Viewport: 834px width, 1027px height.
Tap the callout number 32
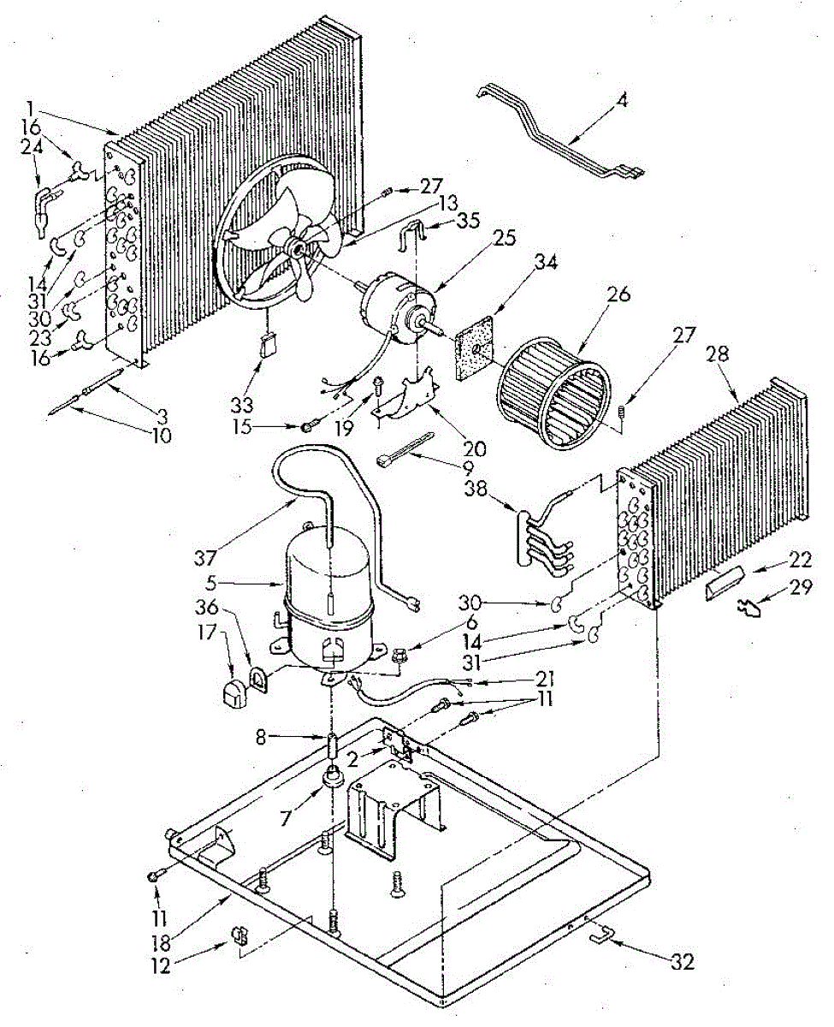pos(683,962)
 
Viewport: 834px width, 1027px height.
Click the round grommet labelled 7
pos(332,780)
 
